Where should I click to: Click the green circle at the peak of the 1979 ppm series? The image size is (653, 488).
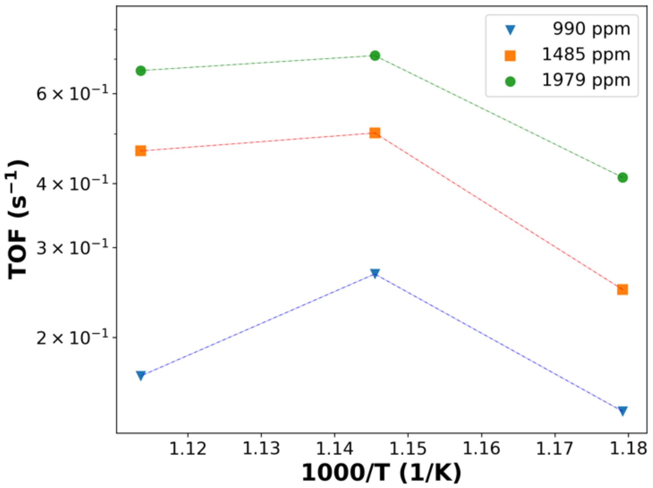coord(375,56)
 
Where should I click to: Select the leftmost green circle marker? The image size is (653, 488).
coord(141,71)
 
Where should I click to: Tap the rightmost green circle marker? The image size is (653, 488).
coord(622,177)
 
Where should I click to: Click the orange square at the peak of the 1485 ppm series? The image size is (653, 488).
coord(375,133)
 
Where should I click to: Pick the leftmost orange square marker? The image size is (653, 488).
coord(141,151)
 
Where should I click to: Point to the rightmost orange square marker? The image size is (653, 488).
coord(622,289)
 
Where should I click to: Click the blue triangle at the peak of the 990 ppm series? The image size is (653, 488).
coord(375,273)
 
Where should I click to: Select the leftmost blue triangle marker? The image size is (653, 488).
coord(141,375)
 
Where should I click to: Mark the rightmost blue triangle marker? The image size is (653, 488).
coord(622,410)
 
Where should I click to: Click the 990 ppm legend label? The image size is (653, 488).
coord(591,29)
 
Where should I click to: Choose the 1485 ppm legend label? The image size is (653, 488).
coord(586,55)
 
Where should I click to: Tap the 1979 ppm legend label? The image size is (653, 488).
coord(586,80)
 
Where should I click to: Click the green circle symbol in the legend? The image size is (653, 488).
coord(510,81)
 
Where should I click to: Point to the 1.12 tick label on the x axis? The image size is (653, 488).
coord(188,449)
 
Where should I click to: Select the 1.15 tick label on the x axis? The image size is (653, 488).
coord(407,449)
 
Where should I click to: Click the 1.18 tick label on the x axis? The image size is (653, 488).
coord(628,449)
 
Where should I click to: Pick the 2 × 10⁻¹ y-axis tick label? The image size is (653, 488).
coord(72,338)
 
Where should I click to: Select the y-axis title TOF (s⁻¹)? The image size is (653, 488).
coord(17,220)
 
